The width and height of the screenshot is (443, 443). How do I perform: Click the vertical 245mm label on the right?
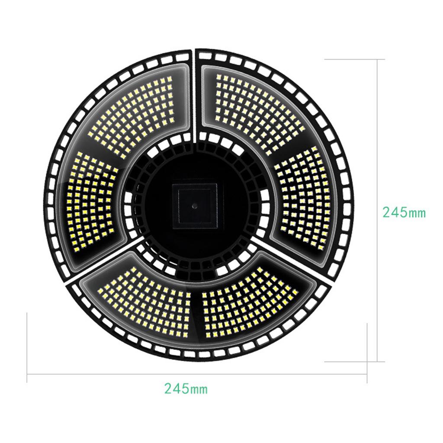(x=404, y=212)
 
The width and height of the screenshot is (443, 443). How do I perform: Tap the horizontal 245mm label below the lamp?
(x=186, y=388)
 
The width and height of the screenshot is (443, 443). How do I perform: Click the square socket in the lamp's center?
(x=195, y=206)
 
